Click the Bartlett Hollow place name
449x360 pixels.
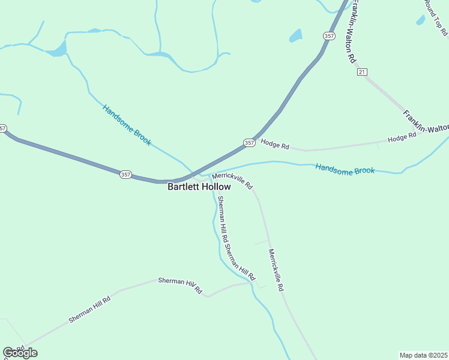199,187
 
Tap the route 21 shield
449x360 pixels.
361,72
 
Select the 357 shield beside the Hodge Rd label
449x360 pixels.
249,143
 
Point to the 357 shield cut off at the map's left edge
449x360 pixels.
2,128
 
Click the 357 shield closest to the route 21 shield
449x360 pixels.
328,36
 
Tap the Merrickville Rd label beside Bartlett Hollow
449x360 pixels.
232,180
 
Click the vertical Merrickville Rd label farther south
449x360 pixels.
276,270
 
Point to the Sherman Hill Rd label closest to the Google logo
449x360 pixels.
89,310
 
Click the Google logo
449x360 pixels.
20,352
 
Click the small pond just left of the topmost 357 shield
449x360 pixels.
295,36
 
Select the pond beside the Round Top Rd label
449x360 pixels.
420,20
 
